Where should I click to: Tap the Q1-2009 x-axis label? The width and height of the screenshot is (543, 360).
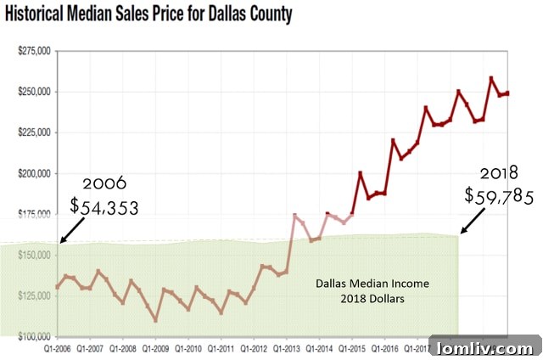155,347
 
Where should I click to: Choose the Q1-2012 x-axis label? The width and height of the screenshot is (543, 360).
255,347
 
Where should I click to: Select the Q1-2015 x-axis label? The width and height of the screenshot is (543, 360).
354,347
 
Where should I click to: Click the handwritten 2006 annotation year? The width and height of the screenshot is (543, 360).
104,183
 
